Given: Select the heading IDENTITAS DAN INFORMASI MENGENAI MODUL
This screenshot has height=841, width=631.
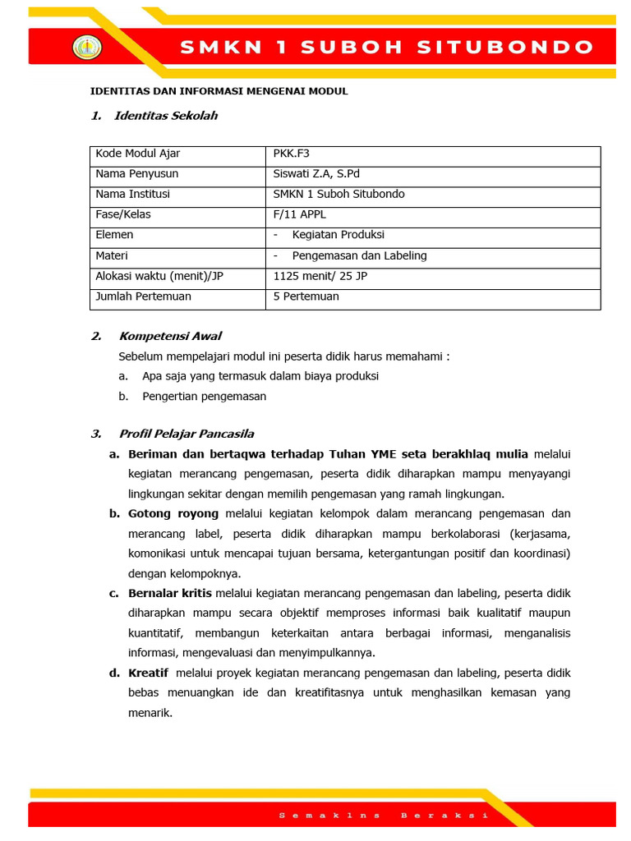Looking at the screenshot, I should [219, 91].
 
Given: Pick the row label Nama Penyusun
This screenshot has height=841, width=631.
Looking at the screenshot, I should [136, 174].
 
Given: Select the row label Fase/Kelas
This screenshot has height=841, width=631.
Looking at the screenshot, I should [123, 214].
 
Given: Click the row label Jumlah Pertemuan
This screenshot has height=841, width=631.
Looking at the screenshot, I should [143, 296].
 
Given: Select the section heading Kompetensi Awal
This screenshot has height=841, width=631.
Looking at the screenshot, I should [170, 336].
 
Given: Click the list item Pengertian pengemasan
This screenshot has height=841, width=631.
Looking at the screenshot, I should [204, 396].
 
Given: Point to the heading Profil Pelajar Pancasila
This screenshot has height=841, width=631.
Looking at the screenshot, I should [187, 434].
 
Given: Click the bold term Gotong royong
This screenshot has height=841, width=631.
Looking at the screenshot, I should [173, 513].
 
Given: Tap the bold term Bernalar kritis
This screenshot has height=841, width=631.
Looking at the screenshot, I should [170, 593].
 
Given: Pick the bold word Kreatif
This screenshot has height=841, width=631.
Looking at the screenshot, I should [148, 673].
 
